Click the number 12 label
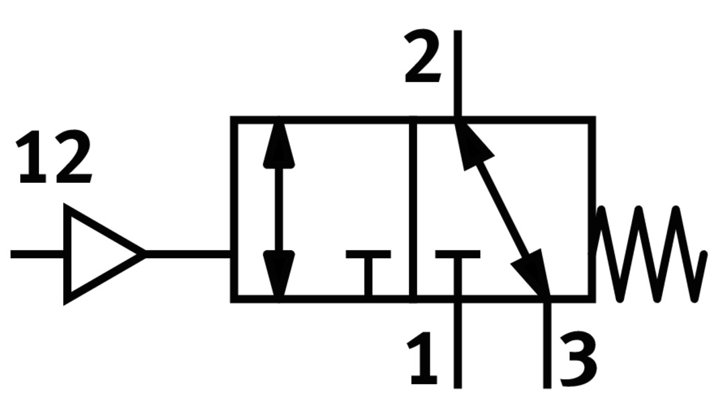(54, 159)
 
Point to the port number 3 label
(577, 360)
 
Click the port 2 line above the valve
(457, 74)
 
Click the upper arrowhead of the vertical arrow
(279, 145)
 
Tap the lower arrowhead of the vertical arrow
(279, 272)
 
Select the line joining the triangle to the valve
(188, 254)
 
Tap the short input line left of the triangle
(37, 254)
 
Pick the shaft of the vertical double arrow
(279, 209)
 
